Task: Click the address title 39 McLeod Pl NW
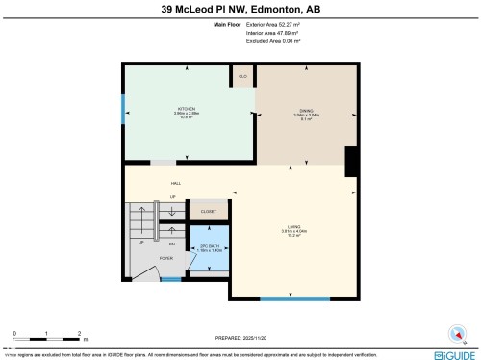pyautogui.click(x=240, y=10)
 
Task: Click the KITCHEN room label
pyautogui.click(x=187, y=109)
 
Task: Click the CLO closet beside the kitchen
pyautogui.click(x=243, y=74)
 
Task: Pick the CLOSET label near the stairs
pyautogui.click(x=208, y=211)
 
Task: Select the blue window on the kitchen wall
pyautogui.click(x=123, y=110)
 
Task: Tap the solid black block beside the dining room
pyautogui.click(x=351, y=161)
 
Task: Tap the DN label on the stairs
pyautogui.click(x=172, y=244)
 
